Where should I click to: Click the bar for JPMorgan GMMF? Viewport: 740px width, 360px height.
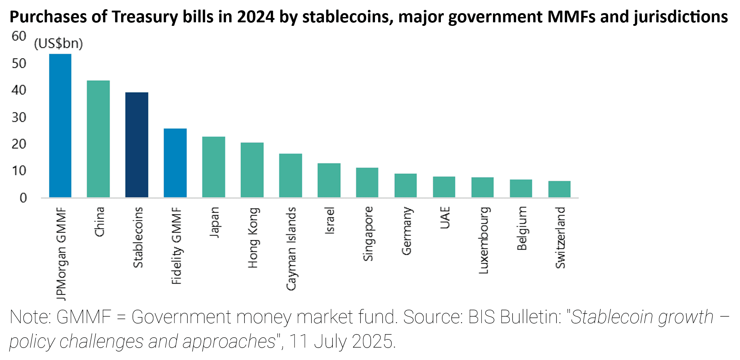pos(60,126)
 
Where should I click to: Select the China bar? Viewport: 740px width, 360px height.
pos(98,139)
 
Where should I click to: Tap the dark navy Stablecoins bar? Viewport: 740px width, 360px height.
pos(137,145)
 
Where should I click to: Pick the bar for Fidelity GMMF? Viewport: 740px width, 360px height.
pos(175,163)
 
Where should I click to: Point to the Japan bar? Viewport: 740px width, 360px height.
pos(213,167)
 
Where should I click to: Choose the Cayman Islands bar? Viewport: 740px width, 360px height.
pos(290,175)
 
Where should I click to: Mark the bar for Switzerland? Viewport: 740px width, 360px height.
pos(559,189)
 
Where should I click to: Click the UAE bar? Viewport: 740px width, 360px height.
pos(444,187)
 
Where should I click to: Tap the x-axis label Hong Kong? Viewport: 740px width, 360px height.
pos(253,238)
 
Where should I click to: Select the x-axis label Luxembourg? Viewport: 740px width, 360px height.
pos(483,240)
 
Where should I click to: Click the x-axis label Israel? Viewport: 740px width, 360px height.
pos(330,220)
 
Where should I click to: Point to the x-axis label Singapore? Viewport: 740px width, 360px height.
pos(368,234)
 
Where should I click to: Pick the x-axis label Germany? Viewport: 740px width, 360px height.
pos(407,231)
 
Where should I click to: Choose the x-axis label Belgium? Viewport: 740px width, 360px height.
pos(522,229)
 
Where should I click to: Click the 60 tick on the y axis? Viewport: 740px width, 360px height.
pos(19,36)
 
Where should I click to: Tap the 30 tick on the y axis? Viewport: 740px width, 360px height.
pos(19,117)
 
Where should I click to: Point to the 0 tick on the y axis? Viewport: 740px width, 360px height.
pos(23,198)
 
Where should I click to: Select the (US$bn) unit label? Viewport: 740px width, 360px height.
pos(58,44)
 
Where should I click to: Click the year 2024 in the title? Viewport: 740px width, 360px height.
pos(256,17)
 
